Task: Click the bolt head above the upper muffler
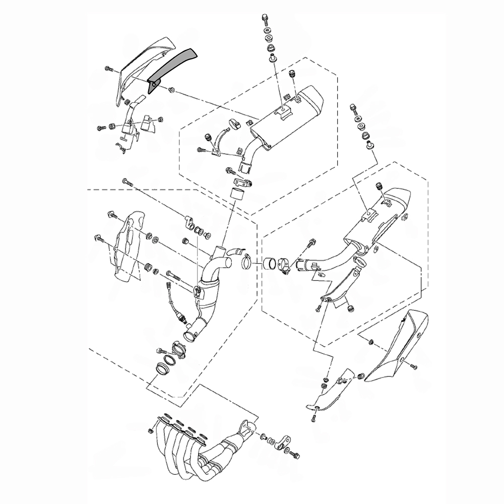click(264, 19)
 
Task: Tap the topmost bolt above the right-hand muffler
click(353, 108)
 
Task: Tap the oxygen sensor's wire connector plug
click(168, 287)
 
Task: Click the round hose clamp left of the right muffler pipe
click(247, 262)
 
